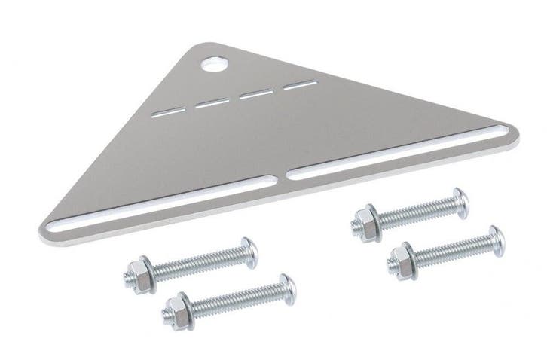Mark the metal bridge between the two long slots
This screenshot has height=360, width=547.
click(x=280, y=178)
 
